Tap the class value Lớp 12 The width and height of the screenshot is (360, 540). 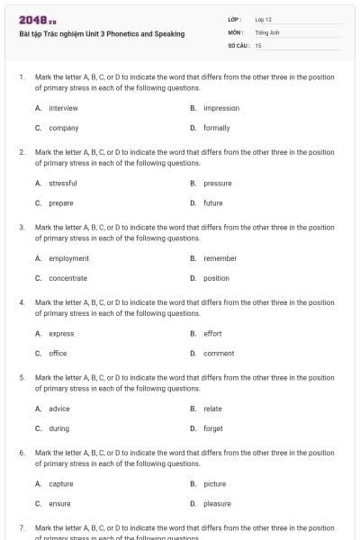click(263, 19)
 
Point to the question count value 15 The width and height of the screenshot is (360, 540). click(258, 44)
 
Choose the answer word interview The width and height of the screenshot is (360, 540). click(63, 108)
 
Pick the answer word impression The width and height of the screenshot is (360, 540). click(221, 108)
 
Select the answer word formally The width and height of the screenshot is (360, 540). click(217, 128)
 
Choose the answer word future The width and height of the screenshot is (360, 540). click(213, 202)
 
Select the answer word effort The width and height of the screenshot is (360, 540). click(212, 333)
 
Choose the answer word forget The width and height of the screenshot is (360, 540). click(213, 428)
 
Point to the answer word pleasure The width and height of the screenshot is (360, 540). click(217, 503)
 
